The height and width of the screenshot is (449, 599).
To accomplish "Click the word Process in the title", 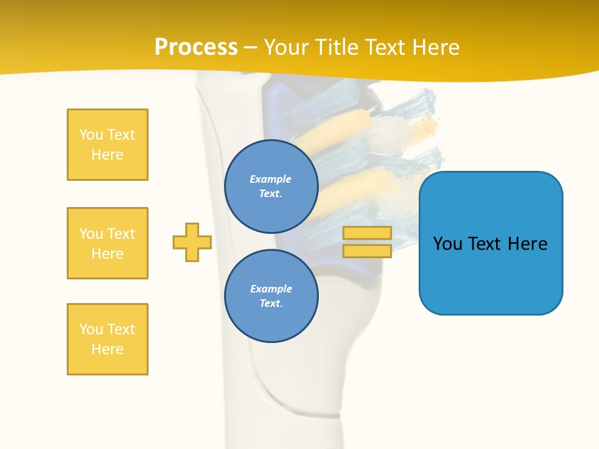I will pyautogui.click(x=196, y=47).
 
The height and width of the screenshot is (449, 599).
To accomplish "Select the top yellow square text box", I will pyautogui.click(x=107, y=145).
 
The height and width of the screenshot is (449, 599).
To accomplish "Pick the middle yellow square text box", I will pyautogui.click(x=107, y=243).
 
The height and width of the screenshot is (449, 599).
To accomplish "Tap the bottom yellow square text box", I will pyautogui.click(x=107, y=339).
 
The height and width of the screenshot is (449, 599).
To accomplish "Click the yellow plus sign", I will pyautogui.click(x=192, y=242).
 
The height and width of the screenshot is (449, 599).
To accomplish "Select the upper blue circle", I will pyautogui.click(x=271, y=186).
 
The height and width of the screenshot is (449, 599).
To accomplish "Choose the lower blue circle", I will pyautogui.click(x=271, y=296).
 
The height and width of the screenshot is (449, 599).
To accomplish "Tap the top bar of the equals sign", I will pyautogui.click(x=367, y=233).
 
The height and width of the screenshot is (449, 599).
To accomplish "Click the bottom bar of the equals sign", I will pyautogui.click(x=367, y=251).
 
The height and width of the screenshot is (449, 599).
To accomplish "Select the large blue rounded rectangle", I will pyautogui.click(x=490, y=274).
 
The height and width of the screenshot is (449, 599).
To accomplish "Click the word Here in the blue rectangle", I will pyautogui.click(x=527, y=244).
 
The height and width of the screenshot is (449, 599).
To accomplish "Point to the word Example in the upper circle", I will pyautogui.click(x=271, y=179).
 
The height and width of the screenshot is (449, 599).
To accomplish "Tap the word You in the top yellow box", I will pyautogui.click(x=91, y=135).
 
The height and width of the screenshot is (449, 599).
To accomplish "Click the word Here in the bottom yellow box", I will pyautogui.click(x=107, y=349).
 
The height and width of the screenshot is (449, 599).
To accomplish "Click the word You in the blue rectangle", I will pyautogui.click(x=448, y=244).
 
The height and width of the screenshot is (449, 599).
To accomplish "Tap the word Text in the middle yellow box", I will pyautogui.click(x=122, y=234).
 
